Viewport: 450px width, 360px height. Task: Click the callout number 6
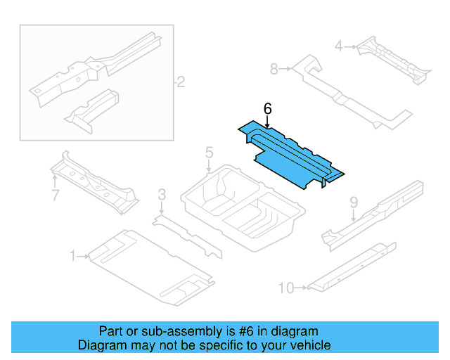pos(267,109)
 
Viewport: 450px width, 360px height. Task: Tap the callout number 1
pos(72,257)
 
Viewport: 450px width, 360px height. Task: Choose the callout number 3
pos(162,194)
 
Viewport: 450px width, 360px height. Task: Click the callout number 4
pos(338,46)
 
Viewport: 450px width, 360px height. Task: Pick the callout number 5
pos(209,153)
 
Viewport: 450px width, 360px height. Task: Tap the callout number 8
pos(275,68)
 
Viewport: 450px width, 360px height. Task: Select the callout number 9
pos(354,202)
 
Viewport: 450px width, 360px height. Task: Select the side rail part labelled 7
pos(95,181)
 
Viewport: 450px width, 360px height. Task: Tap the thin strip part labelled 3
pos(186,233)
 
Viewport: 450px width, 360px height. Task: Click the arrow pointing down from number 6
pos(267,122)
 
